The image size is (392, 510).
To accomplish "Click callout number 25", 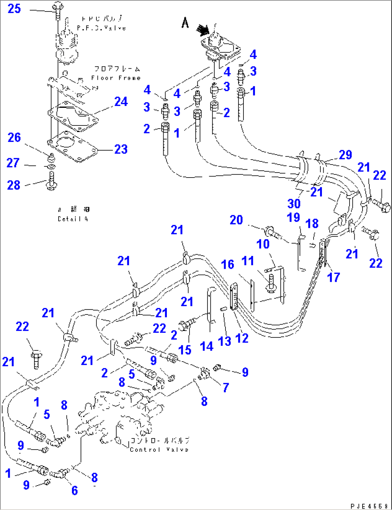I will pos(14,9).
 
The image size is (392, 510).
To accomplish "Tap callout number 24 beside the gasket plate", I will pos(121,102).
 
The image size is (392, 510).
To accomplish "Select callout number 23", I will pos(121,149).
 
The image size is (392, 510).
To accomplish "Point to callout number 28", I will pos(14,185).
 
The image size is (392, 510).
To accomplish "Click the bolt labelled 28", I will pos(50,179).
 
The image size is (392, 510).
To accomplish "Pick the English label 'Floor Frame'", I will pos(115,78).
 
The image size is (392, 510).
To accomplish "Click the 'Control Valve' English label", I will pos(159,450).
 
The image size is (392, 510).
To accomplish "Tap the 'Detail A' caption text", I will pos(73,219).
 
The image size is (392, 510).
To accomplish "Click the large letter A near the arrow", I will pos(185,23).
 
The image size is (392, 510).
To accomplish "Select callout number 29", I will pos(345,155).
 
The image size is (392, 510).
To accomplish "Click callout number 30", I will pos(294,204).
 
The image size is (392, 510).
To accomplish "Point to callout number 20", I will pos(236,220).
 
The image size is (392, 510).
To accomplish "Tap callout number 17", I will pos(333,277).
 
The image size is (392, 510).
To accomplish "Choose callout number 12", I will pos(242,338).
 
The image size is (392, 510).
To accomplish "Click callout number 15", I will pos(185,350).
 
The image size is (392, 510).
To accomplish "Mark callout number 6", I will pos(74,490).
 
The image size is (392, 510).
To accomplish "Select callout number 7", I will pos(225,387).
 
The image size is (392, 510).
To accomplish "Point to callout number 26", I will pos(14,137).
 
